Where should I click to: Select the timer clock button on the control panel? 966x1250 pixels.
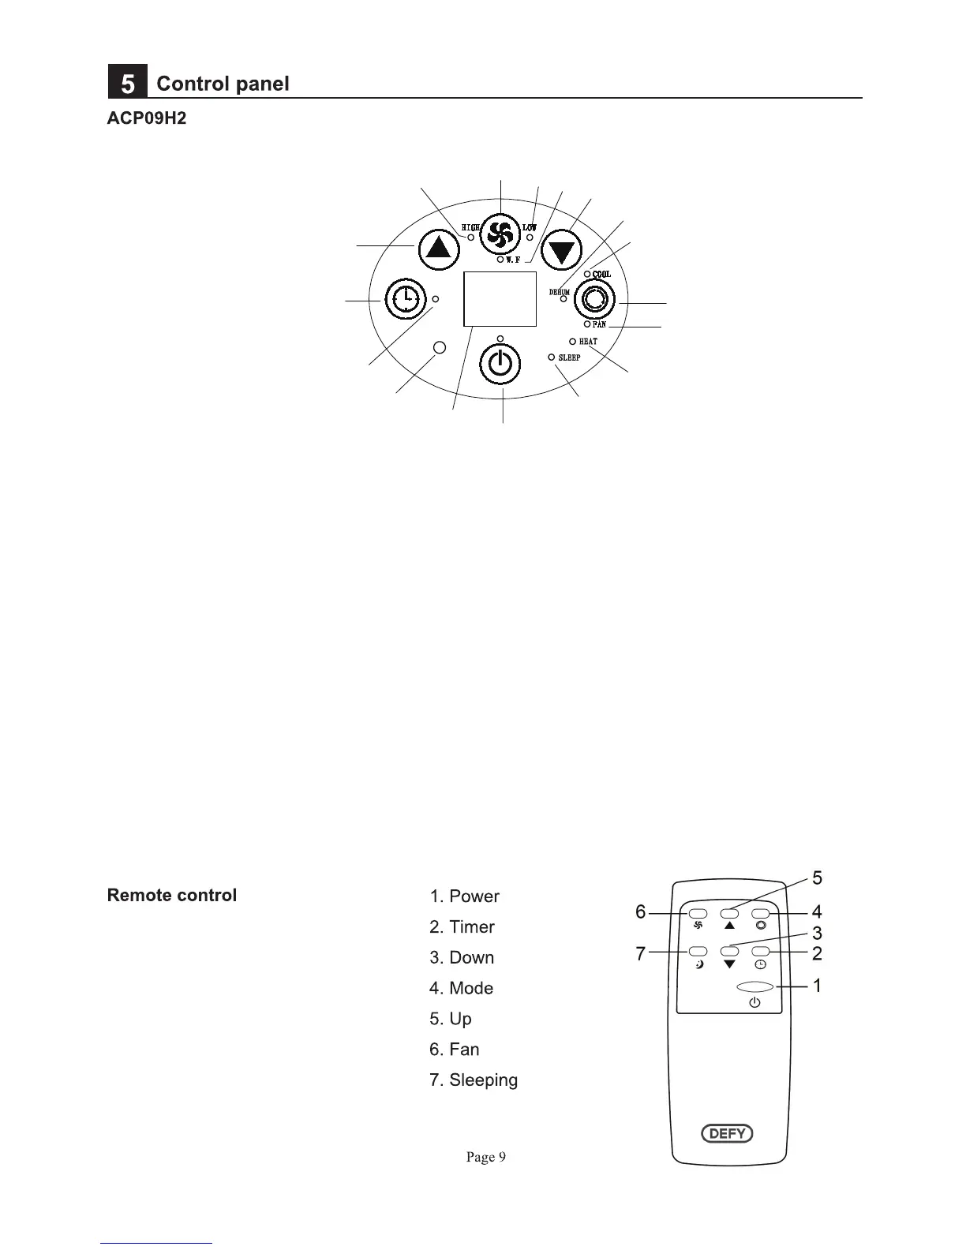click(x=405, y=300)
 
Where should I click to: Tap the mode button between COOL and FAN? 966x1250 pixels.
click(x=596, y=300)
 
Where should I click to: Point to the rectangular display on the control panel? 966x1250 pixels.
click(x=500, y=298)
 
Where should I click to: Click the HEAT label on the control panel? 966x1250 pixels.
click(x=588, y=342)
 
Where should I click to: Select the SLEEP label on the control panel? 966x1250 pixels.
click(x=569, y=357)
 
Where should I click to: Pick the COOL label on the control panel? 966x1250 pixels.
click(x=601, y=275)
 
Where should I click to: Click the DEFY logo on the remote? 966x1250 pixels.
click(x=728, y=1134)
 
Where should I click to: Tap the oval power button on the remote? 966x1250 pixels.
click(x=754, y=986)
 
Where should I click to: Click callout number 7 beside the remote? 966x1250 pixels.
click(x=641, y=954)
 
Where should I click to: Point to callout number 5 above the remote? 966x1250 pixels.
click(x=817, y=878)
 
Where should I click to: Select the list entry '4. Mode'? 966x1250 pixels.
click(x=462, y=988)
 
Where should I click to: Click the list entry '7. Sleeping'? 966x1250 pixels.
click(x=474, y=1080)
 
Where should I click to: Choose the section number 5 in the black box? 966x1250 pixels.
click(x=128, y=84)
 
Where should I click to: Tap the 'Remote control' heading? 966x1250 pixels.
click(x=172, y=896)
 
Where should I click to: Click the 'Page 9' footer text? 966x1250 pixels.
click(x=485, y=1157)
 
